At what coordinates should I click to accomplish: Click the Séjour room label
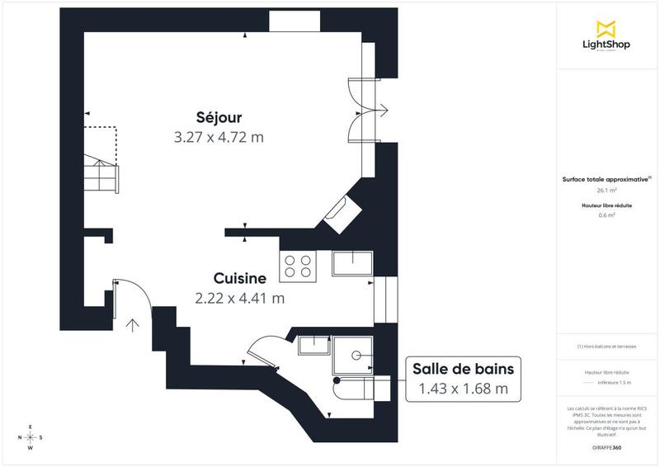tap(219, 117)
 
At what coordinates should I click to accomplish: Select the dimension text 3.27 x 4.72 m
tap(219, 137)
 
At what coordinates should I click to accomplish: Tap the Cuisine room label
tap(239, 279)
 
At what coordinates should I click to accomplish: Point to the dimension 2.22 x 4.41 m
tap(239, 298)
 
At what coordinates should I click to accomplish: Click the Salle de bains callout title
tap(463, 369)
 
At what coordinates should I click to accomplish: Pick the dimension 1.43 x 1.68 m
tap(463, 389)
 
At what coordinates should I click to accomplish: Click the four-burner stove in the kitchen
tap(298, 265)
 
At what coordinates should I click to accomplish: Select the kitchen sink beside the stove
tap(352, 263)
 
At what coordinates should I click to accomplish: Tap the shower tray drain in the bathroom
tap(356, 355)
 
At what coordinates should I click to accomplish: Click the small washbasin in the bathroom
tap(313, 343)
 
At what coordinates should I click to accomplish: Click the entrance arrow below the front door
tap(132, 323)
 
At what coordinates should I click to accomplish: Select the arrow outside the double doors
tap(385, 106)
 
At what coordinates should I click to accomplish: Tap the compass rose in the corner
tap(31, 437)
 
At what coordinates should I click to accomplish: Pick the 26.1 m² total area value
tap(607, 189)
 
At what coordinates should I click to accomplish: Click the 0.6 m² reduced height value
tap(607, 215)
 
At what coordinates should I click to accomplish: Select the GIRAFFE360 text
tap(607, 447)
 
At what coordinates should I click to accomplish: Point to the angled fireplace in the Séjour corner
tap(340, 214)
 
